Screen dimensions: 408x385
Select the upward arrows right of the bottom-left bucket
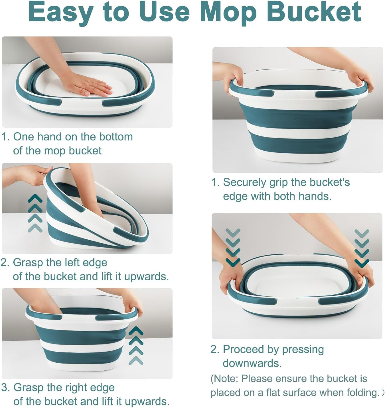tap(136, 346)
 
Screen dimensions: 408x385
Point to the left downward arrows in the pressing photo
tap(233, 247)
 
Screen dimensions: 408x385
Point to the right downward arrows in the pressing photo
tap(362, 248)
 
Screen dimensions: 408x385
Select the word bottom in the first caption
tap(116, 137)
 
